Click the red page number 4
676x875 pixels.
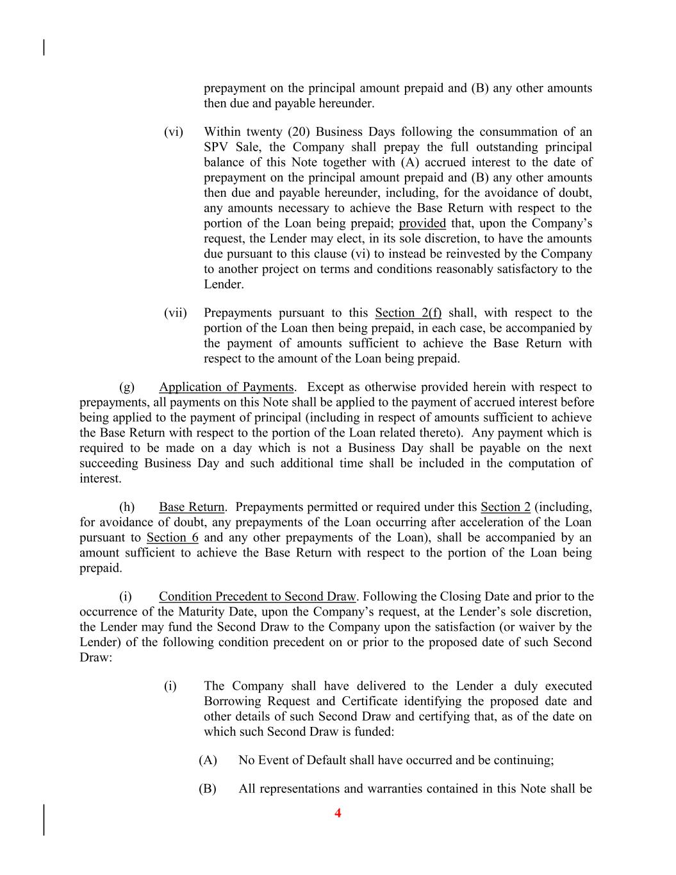coord(338,813)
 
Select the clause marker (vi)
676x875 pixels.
coord(173,132)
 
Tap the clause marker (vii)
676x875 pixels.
coord(175,313)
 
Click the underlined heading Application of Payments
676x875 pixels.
coord(226,387)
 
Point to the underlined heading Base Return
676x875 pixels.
coord(192,507)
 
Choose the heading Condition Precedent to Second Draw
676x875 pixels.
coord(257,597)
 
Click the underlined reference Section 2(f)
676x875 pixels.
coord(408,313)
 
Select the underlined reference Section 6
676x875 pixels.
coord(172,538)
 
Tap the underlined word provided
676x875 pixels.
coord(422,224)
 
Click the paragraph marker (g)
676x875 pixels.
coord(127,387)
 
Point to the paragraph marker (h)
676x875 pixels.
coord(127,507)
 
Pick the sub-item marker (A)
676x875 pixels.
coord(208,760)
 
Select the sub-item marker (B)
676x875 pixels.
coord(208,788)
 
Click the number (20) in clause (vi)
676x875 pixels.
coord(299,132)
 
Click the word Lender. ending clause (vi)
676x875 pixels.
coord(224,285)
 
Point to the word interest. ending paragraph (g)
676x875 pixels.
coord(100,479)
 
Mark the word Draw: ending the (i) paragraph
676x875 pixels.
coord(96,658)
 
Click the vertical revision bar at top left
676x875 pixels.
coord(44,47)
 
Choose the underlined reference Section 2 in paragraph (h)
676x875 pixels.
coord(506,507)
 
